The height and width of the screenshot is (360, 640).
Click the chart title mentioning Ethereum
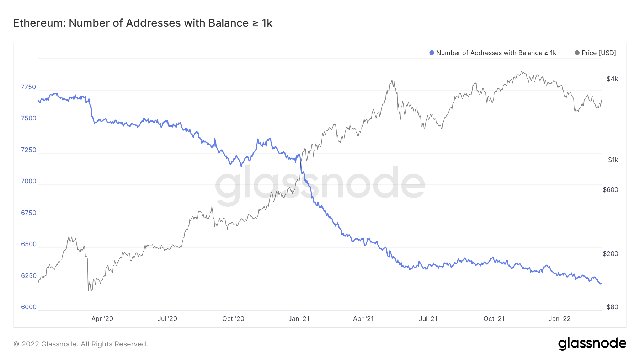pyautogui.click(x=143, y=23)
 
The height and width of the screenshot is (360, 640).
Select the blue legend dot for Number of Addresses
pyautogui.click(x=432, y=53)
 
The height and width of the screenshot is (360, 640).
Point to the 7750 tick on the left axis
pyautogui.click(x=28, y=87)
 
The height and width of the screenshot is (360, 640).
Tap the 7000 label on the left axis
pyautogui.click(x=28, y=181)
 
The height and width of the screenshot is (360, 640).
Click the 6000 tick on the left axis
pyautogui.click(x=28, y=307)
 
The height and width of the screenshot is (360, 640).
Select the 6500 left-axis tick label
pyautogui.click(x=28, y=244)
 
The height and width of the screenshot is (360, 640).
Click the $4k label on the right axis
pyautogui.click(x=612, y=79)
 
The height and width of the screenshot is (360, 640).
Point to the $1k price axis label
pyautogui.click(x=613, y=160)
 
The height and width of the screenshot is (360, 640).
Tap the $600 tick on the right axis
pyautogui.click(x=610, y=190)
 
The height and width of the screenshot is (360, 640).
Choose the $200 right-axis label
pyautogui.click(x=610, y=254)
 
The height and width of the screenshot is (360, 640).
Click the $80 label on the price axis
pyautogui.click(x=612, y=307)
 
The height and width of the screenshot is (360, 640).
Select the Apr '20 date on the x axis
pyautogui.click(x=102, y=319)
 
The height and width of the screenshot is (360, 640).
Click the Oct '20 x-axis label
pyautogui.click(x=233, y=319)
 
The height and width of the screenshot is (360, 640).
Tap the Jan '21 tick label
pyautogui.click(x=299, y=319)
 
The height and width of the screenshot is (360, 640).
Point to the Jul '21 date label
pyautogui.click(x=428, y=319)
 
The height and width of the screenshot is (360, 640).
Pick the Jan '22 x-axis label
pyautogui.click(x=559, y=319)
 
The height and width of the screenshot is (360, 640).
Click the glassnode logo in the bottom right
pyautogui.click(x=592, y=344)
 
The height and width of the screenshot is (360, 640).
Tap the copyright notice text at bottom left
pyautogui.click(x=81, y=344)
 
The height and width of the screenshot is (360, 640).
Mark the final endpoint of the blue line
pyautogui.click(x=601, y=283)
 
